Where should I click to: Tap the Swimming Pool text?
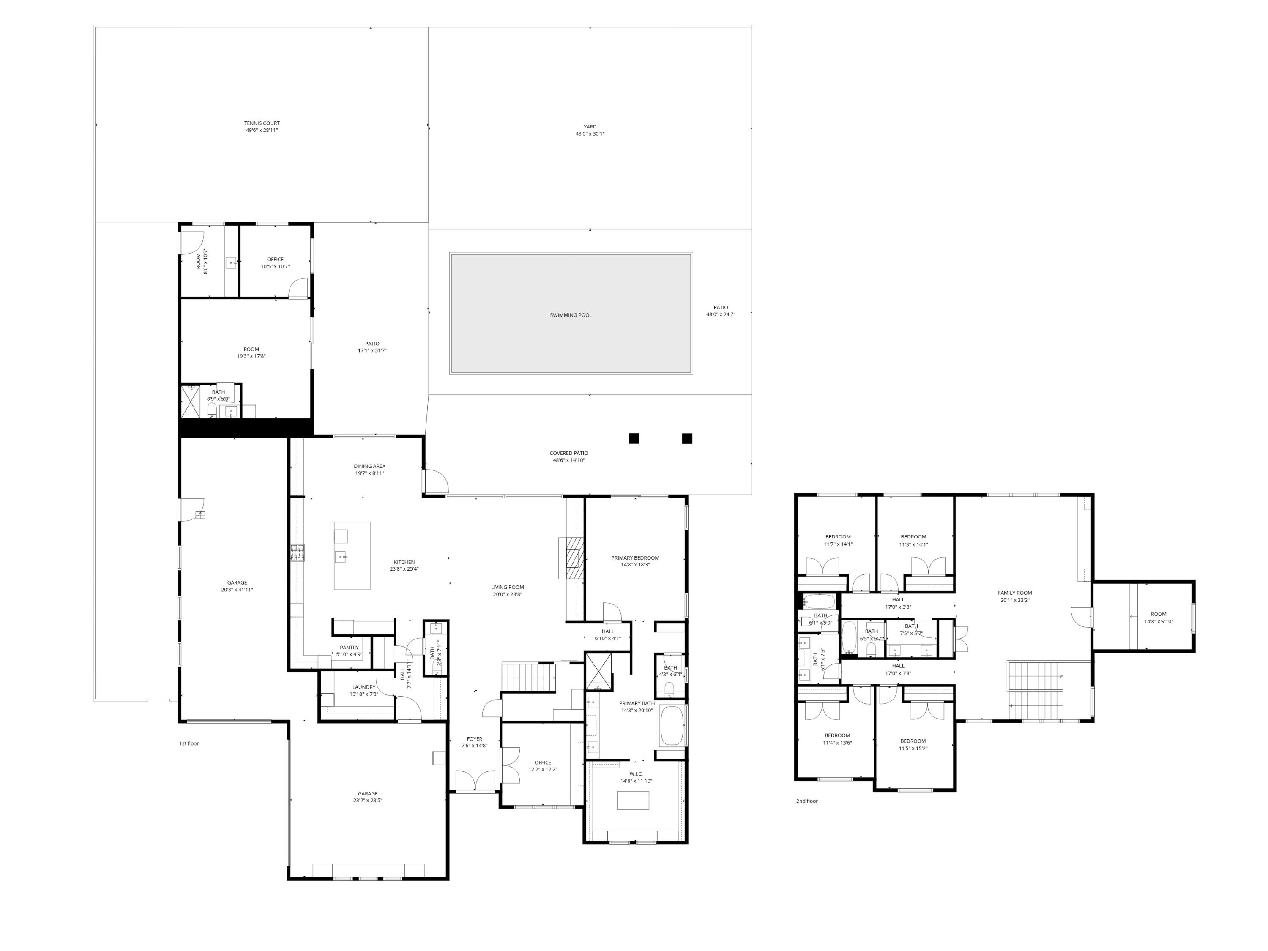coord(571,315)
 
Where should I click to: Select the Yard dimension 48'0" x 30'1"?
coord(590,134)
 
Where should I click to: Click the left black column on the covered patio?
coord(634,439)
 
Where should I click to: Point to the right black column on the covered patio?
coord(687,439)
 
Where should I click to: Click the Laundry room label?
coord(363,687)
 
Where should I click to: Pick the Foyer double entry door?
coord(475,781)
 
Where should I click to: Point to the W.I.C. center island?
coord(633,800)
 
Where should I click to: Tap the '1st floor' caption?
coord(189,743)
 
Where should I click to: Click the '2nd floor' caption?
coord(806,801)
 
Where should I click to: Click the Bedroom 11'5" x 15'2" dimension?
coord(913,749)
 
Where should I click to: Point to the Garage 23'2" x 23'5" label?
coord(367,794)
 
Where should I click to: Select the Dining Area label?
coord(369,467)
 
